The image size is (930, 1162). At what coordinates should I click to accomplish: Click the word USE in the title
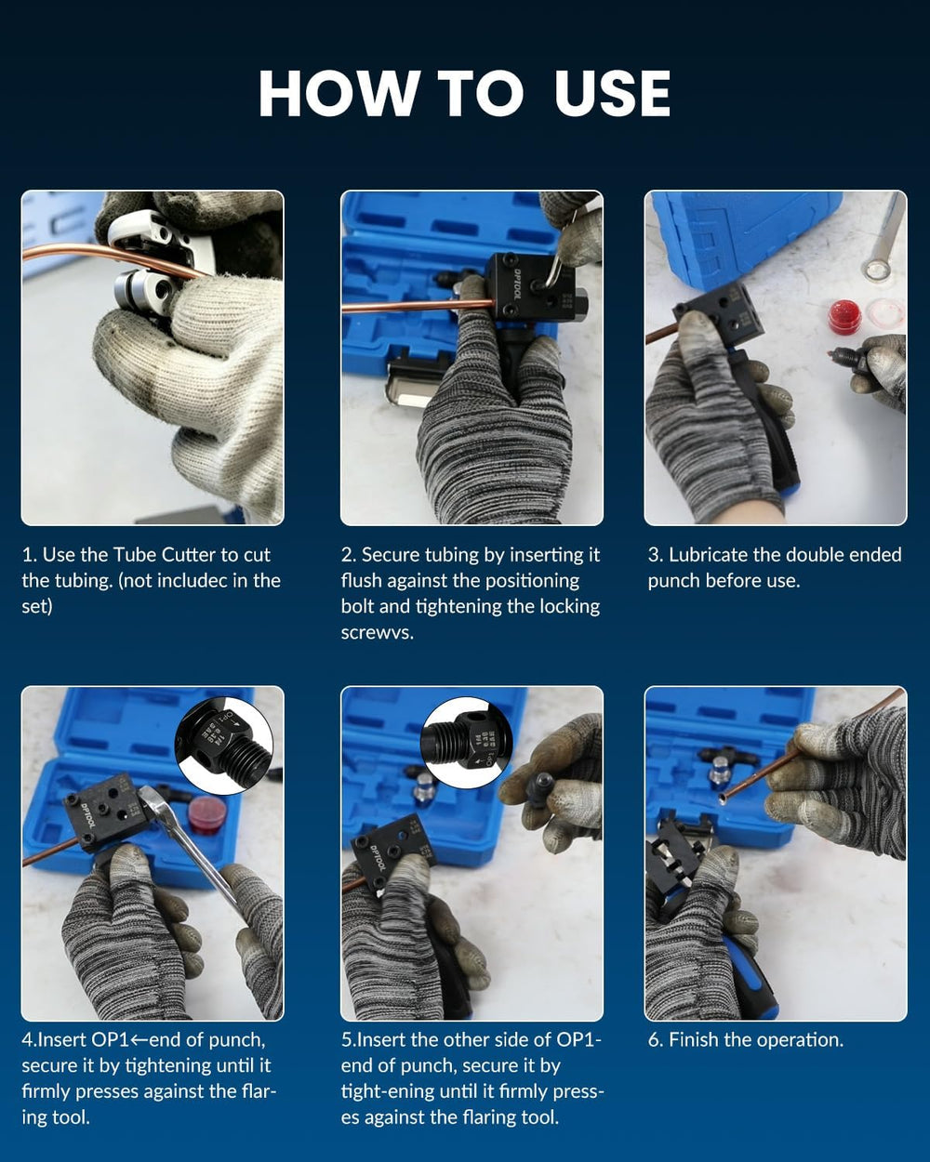coord(612,93)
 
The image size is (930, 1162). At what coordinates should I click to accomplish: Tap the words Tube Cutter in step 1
coord(164,555)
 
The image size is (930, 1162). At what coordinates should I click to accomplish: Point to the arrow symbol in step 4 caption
coord(139,1040)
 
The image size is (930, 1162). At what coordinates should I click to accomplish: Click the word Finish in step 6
coord(697,1039)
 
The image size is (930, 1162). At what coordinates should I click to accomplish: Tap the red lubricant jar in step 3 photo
coord(844,317)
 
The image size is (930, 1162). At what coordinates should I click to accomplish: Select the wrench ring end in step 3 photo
coord(876,269)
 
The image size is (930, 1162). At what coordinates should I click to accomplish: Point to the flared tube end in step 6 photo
coord(723,799)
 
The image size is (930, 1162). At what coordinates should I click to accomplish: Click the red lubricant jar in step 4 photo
coord(207,812)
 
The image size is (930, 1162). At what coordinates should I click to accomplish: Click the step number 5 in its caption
coord(346,1040)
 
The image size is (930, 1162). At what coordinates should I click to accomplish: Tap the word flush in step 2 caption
coord(361,581)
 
